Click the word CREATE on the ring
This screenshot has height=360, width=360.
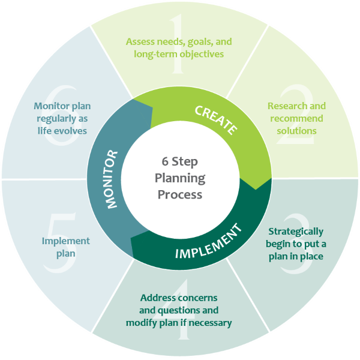coord(216,119)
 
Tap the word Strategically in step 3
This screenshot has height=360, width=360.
coord(296,231)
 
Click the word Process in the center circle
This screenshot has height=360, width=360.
coord(180,194)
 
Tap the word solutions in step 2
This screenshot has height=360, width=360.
coord(296,130)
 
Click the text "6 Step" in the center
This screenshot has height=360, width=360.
coord(180,162)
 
